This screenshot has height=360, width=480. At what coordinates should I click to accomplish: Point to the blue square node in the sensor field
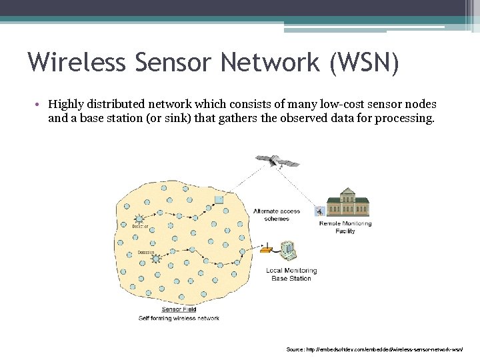tap(219, 199)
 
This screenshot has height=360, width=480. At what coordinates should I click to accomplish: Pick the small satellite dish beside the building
tap(319, 212)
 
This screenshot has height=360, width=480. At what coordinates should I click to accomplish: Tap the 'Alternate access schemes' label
tap(277, 215)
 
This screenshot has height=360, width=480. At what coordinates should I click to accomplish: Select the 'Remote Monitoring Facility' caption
tap(346, 227)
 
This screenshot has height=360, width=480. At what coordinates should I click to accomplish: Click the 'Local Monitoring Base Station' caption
tap(291, 274)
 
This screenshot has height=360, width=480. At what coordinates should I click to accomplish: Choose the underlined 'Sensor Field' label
tap(179, 309)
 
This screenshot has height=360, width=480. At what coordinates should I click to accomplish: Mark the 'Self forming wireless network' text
tap(179, 318)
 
